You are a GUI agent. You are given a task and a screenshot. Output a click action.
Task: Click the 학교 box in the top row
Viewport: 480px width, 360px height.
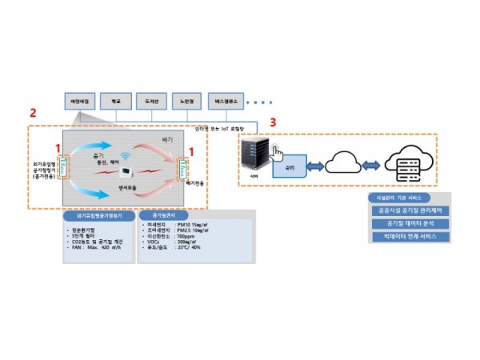coord(115,102)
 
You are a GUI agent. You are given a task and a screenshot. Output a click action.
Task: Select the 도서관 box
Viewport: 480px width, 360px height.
coord(152,102)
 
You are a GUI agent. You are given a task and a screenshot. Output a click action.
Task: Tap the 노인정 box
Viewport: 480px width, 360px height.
coord(188,102)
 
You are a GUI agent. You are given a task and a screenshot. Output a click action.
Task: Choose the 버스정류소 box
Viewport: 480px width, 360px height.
coord(226,102)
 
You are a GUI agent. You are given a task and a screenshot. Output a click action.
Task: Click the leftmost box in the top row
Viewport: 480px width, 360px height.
coord(79,102)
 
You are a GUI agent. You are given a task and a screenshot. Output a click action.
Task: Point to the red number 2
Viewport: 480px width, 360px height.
coord(31,113)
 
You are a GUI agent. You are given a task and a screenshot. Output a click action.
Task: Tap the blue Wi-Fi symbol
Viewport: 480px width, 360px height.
coord(124,158)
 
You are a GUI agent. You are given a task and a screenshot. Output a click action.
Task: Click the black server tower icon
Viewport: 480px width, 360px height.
coord(255,157)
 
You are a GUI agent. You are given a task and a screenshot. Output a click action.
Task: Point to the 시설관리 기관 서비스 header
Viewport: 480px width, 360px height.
coord(398,197)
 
